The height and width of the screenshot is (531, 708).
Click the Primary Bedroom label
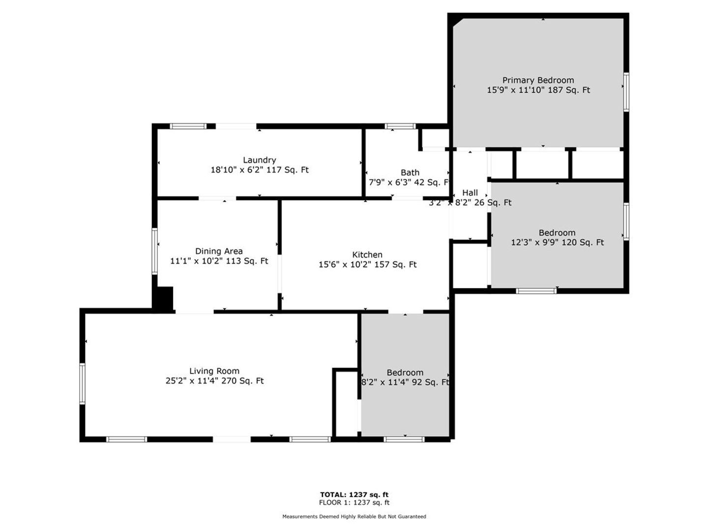538,80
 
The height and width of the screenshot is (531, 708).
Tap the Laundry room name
259,160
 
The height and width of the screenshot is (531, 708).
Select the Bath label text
410,173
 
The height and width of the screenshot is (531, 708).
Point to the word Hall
470,193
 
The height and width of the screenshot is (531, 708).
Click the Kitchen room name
367,255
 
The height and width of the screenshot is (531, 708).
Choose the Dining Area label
219,251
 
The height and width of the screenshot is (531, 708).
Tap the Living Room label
214,371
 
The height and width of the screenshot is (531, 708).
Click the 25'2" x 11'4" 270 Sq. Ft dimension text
214,381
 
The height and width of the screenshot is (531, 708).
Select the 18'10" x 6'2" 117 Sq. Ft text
259,170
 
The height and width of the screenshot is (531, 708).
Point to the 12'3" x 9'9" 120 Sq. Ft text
557,242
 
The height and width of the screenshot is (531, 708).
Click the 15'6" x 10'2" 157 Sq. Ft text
367,265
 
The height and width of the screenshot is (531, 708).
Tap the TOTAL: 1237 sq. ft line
354,495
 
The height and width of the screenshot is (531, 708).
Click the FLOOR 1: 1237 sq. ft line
354,502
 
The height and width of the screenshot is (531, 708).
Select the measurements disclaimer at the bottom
354,516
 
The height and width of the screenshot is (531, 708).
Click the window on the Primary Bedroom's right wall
626,92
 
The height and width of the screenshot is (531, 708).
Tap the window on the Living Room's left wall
82,383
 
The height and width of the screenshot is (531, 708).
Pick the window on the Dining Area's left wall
154,251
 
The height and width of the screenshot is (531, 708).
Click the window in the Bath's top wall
400,126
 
